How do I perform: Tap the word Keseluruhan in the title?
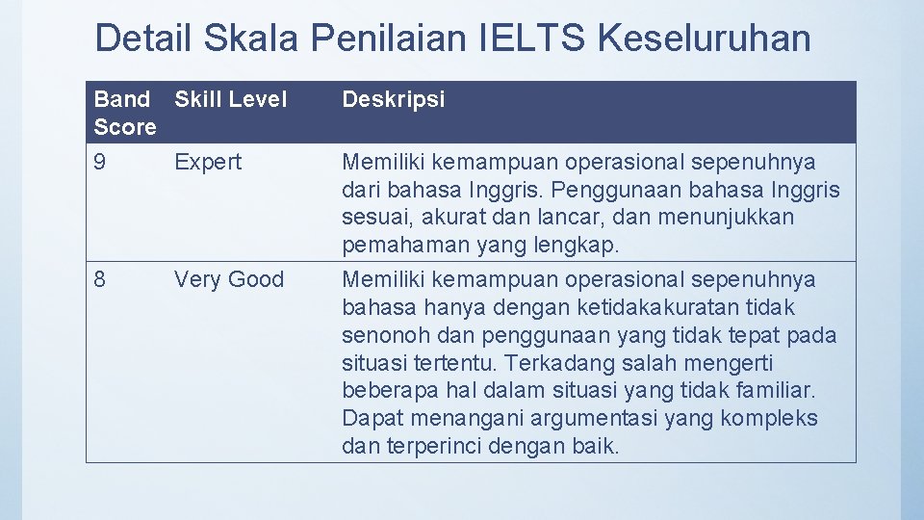(x=705, y=39)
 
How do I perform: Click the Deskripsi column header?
(x=394, y=99)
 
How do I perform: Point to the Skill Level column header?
(x=230, y=99)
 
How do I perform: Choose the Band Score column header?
(x=125, y=113)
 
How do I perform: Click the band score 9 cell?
(x=101, y=162)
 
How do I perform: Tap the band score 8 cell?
(x=101, y=280)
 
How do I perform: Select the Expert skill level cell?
(x=208, y=162)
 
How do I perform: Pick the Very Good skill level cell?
(x=229, y=280)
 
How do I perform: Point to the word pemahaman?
(x=403, y=246)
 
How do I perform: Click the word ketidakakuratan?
(x=659, y=308)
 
